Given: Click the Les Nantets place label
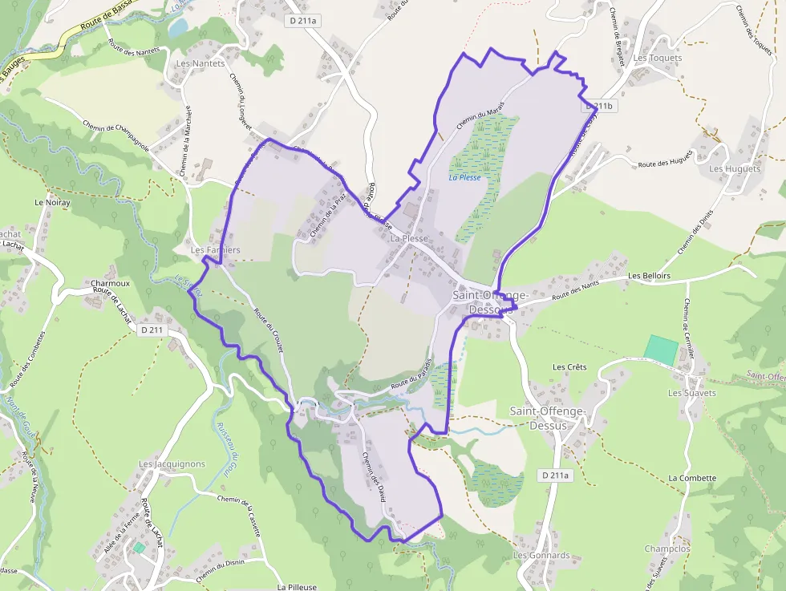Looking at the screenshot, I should click(x=200, y=63).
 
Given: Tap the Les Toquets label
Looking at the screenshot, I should click(x=657, y=59).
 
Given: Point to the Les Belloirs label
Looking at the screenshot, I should click(x=649, y=276).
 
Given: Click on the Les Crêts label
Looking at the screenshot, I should click(x=569, y=367).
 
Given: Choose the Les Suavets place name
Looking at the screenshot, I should click(x=692, y=393).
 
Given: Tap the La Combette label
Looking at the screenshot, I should click(x=692, y=478).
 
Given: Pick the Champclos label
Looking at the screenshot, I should click(x=666, y=549).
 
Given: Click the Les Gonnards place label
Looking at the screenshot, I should click(x=541, y=555).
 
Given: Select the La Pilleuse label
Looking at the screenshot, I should click(x=297, y=587).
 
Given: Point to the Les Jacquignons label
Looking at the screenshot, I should click(x=172, y=464).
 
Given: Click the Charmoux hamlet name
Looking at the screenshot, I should click(x=110, y=284).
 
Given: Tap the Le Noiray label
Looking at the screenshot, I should click(x=52, y=204).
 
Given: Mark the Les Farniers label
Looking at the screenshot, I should click(x=215, y=250).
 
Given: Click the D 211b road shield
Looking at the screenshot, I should click(x=598, y=106).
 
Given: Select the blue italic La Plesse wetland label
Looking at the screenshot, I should click(x=465, y=177).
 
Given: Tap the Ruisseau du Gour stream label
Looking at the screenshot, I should click(x=228, y=450).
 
